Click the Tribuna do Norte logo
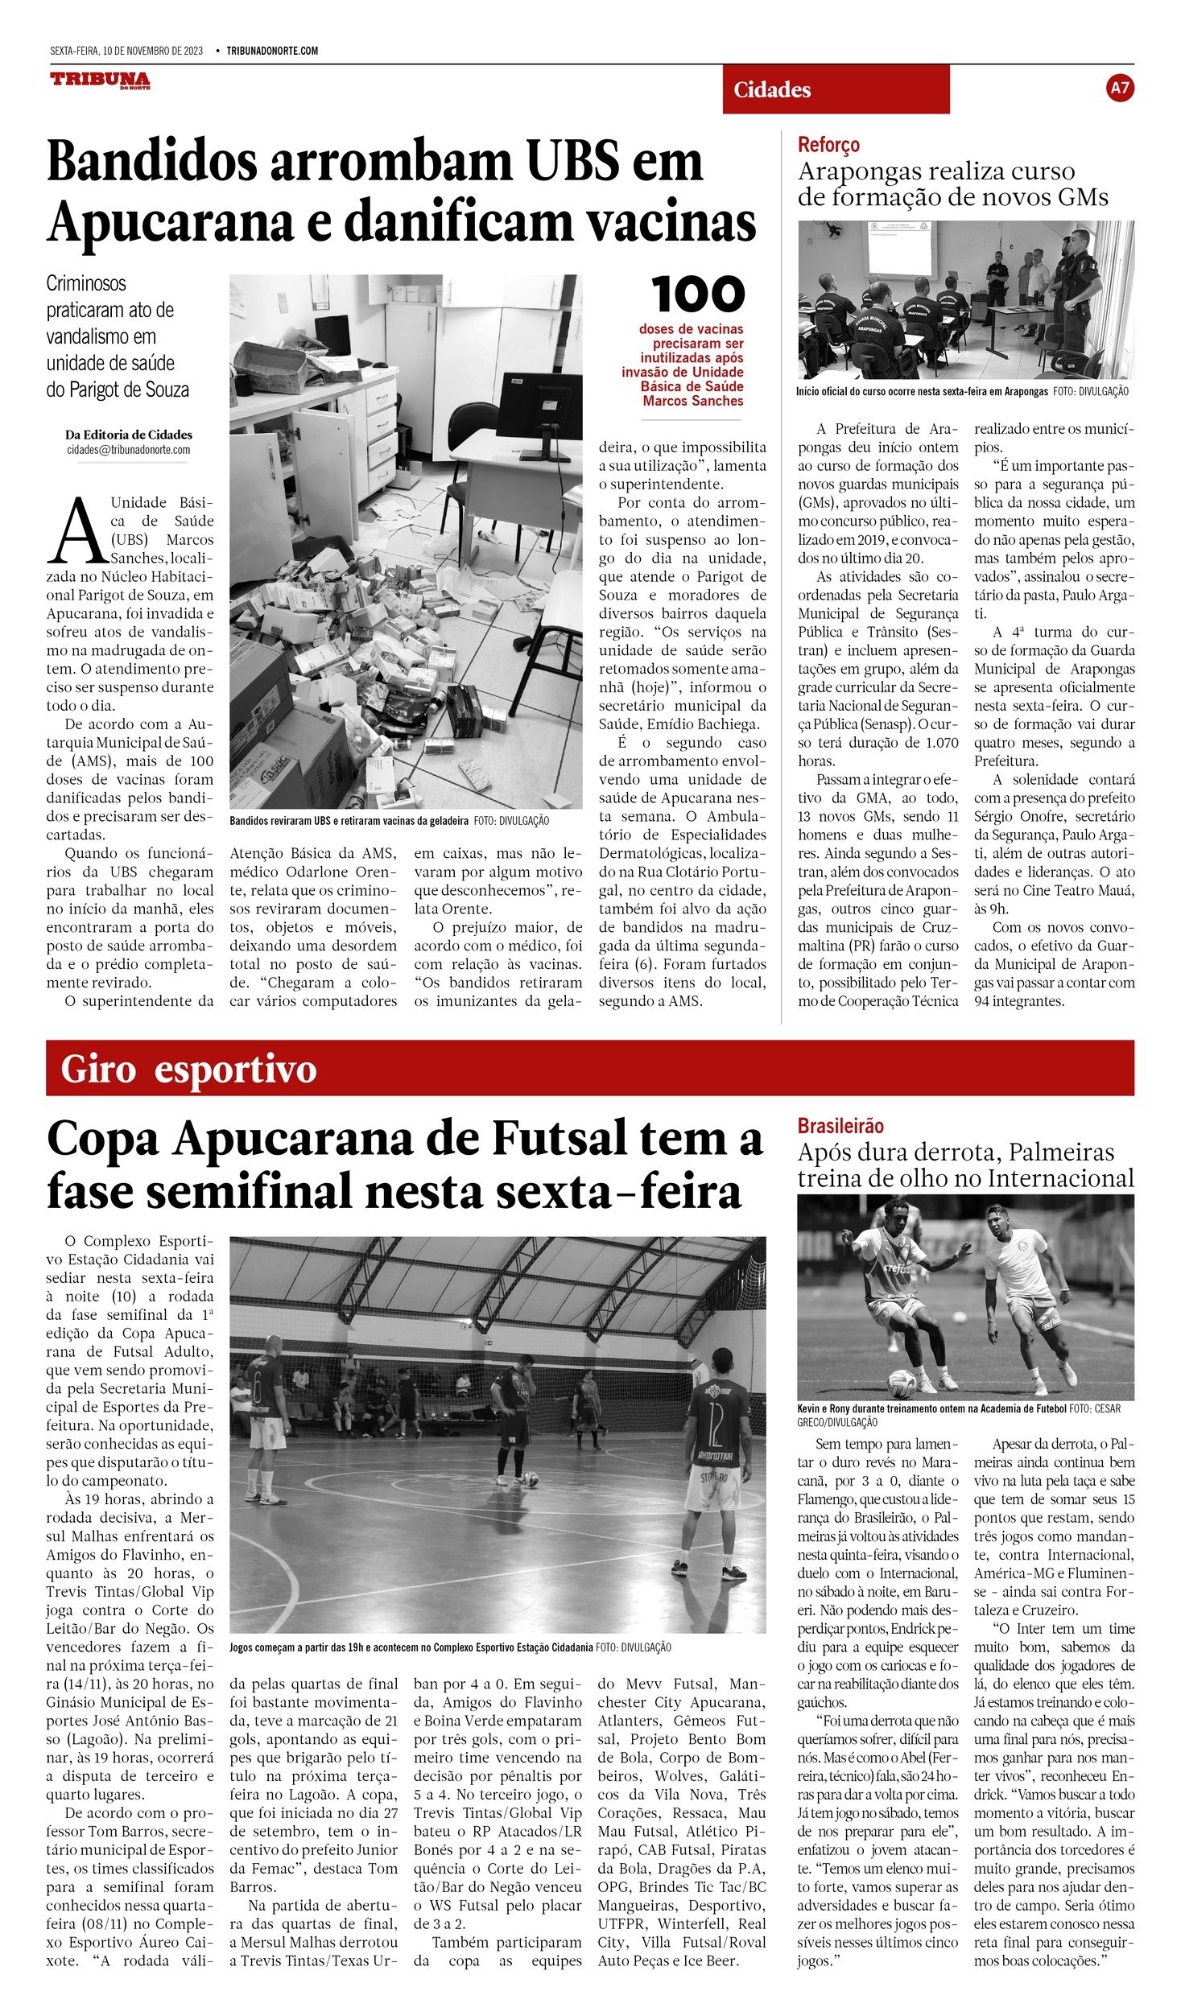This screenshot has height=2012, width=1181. pyautogui.click(x=100, y=80)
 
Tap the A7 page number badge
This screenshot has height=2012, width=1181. pyautogui.click(x=1120, y=88)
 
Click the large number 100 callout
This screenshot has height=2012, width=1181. pyautogui.click(x=697, y=295)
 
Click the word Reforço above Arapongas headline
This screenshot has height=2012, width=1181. pyautogui.click(x=828, y=145)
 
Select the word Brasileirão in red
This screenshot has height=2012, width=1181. pyautogui.click(x=840, y=1126)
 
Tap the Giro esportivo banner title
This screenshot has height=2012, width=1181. pyautogui.click(x=188, y=1070)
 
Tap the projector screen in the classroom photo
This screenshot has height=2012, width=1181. pyautogui.click(x=910, y=249)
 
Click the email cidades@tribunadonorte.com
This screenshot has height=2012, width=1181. pyautogui.click(x=129, y=450)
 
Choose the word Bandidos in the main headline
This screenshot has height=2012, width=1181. pyautogui.click(x=151, y=162)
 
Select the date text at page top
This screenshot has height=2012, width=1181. pyautogui.click(x=126, y=51)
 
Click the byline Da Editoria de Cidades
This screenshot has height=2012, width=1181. pyautogui.click(x=129, y=435)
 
